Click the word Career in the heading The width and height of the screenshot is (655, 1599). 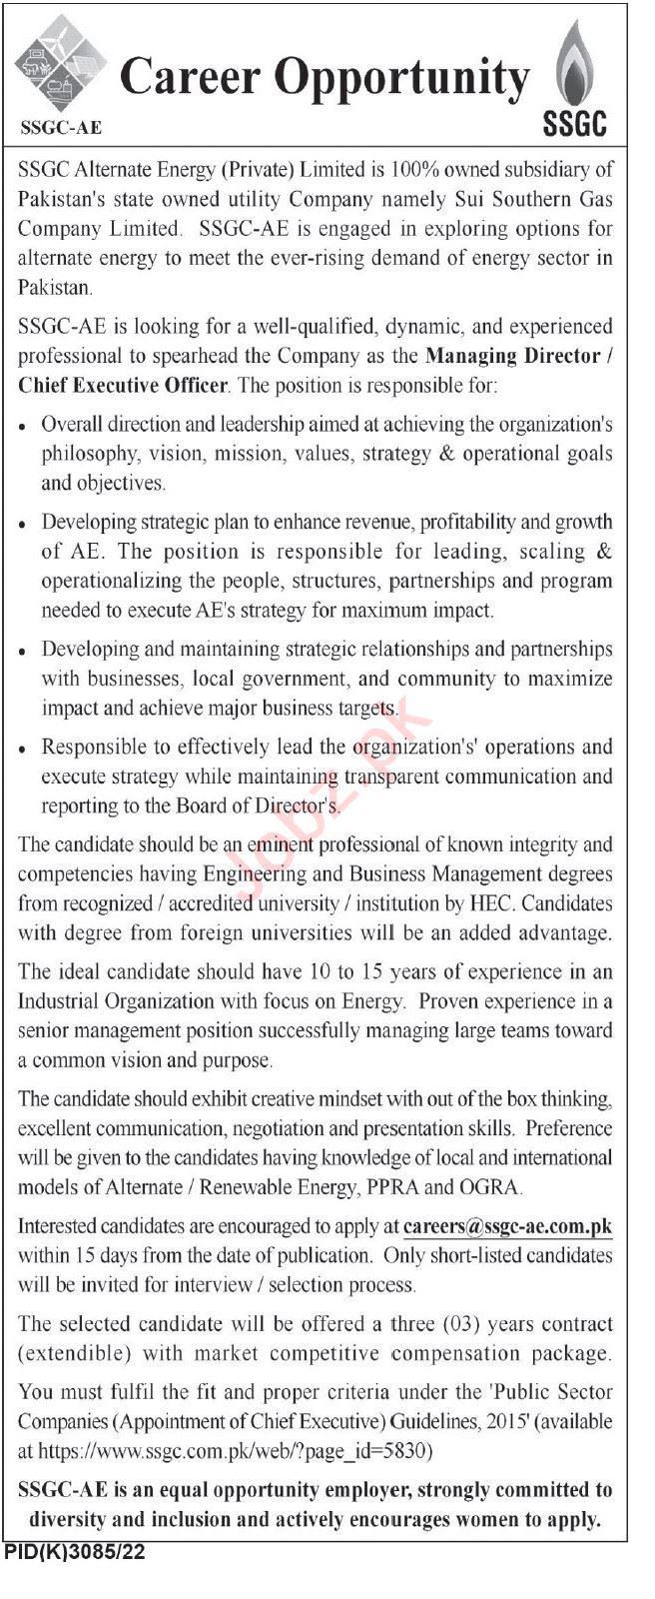coord(188,78)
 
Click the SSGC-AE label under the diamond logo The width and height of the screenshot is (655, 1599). coord(60,127)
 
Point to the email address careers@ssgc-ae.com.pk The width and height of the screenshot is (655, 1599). coord(507,1226)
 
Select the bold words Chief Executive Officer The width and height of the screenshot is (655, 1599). coord(124,385)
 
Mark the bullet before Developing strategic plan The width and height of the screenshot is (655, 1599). coord(22,524)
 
